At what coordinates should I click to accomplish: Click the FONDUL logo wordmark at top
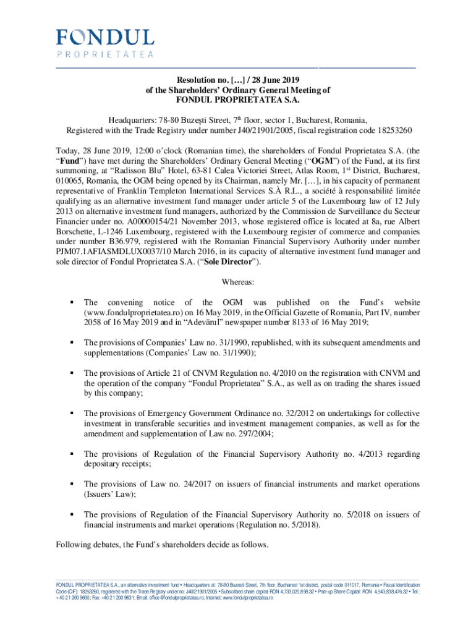click(x=105, y=37)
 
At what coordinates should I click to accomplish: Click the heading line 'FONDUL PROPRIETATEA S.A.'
click(x=237, y=100)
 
